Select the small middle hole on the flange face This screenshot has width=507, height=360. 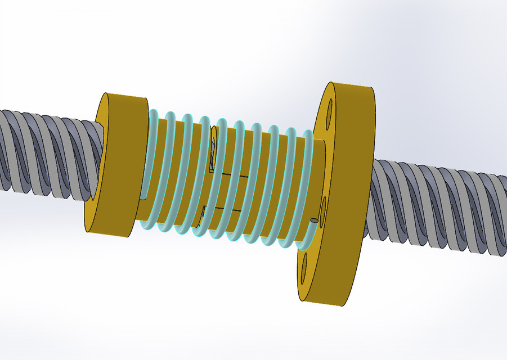323,201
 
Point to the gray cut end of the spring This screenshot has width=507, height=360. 313,221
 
